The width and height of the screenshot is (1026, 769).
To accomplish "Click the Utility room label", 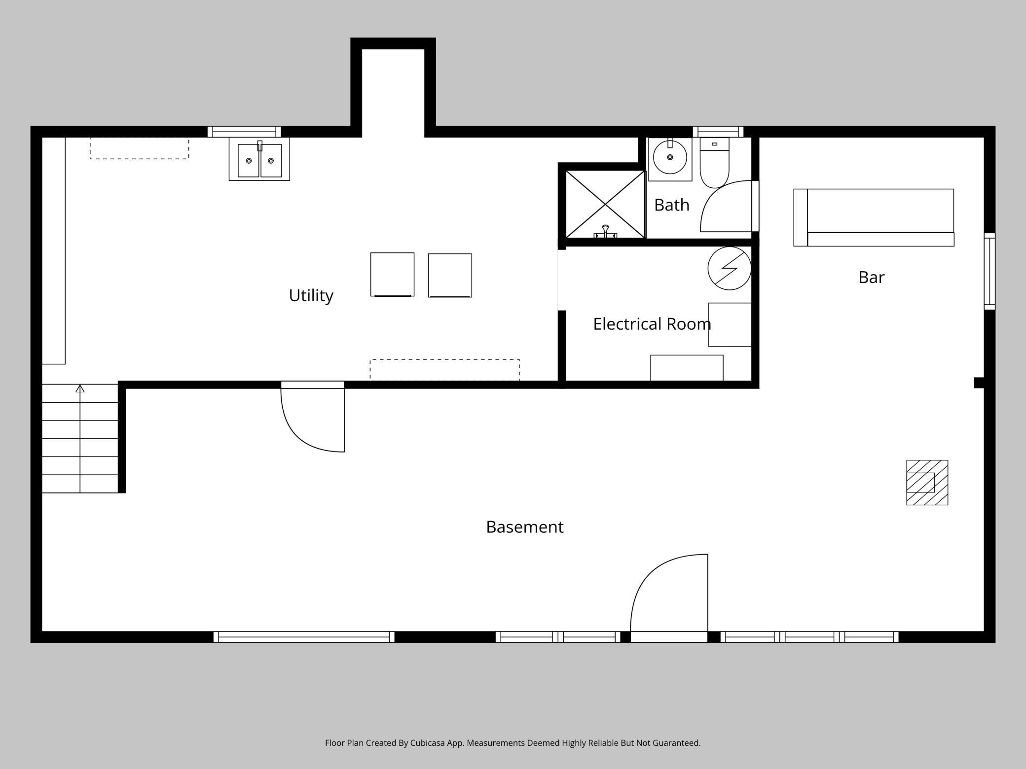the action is coord(311,296).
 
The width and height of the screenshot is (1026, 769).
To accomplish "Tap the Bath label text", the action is coord(671,205).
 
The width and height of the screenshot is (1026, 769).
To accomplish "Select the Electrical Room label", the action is coord(652,324).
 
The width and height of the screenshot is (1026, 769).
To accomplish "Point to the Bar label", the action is coord(871,277).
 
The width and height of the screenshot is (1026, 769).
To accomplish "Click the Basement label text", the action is coord(524,527).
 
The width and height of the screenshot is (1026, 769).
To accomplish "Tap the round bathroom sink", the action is coord(670,157).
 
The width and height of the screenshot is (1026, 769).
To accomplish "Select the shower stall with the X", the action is coord(605,205).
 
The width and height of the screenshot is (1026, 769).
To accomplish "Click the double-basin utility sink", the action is coord(259,159).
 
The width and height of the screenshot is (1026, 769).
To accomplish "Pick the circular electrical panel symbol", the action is coord(730,268).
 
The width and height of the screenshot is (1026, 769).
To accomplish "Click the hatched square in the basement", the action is coord(927,483).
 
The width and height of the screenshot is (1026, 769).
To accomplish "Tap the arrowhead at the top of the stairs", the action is coord(80,388).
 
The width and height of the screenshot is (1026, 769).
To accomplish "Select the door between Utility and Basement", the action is coord(313,416).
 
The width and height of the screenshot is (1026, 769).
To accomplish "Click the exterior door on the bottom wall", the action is coord(669,598).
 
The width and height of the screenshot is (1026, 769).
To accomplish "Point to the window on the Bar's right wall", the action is coord(989,271).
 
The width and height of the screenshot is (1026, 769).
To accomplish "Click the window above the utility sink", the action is coord(244,132).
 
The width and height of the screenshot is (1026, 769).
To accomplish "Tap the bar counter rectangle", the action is coord(874,217).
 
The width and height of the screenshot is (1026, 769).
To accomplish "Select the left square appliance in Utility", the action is coord(392,275).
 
